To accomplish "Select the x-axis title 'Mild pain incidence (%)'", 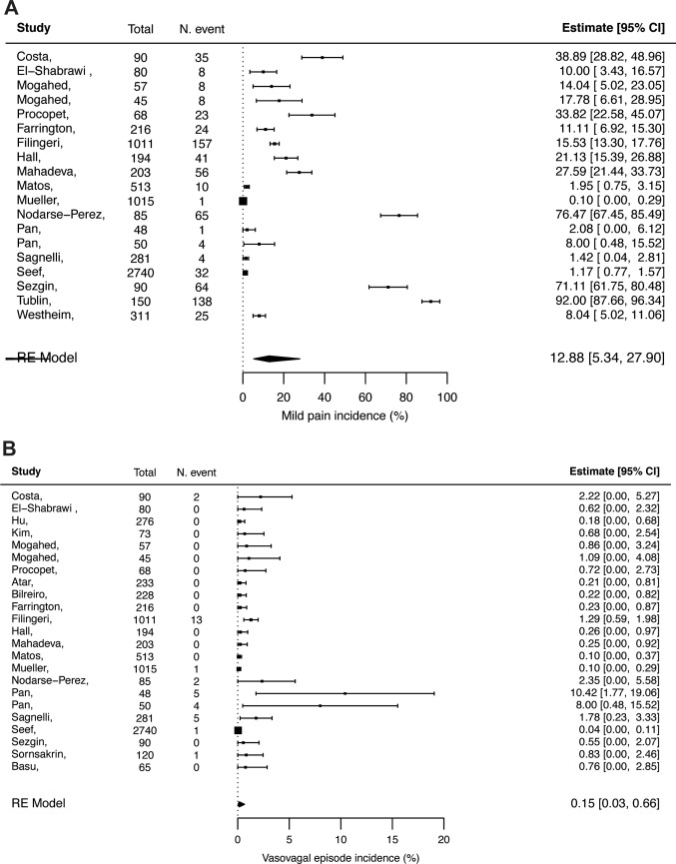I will tap(344, 415).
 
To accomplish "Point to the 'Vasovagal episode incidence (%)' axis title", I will tap(339, 856).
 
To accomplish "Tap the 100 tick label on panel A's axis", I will tap(447, 397).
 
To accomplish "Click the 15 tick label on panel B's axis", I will tap(392, 840).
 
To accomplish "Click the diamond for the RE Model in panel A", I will tap(277, 358).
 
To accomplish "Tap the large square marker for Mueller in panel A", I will tap(243, 201).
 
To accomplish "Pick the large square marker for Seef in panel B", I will tap(238, 703).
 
